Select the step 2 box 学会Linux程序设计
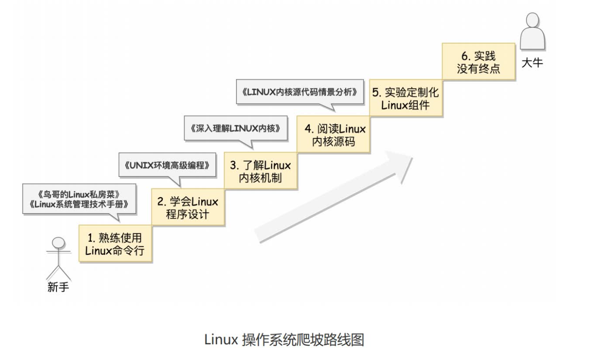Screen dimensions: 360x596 coord(188,206)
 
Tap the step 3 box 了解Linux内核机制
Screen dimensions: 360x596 coord(260,171)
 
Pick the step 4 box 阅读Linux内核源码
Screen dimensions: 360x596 coord(333,134)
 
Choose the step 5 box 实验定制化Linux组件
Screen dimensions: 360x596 coord(406,98)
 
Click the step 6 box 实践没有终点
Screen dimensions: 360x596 coord(478,62)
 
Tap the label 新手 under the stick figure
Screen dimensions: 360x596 coord(58,287)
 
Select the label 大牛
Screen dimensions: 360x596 coord(532,63)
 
